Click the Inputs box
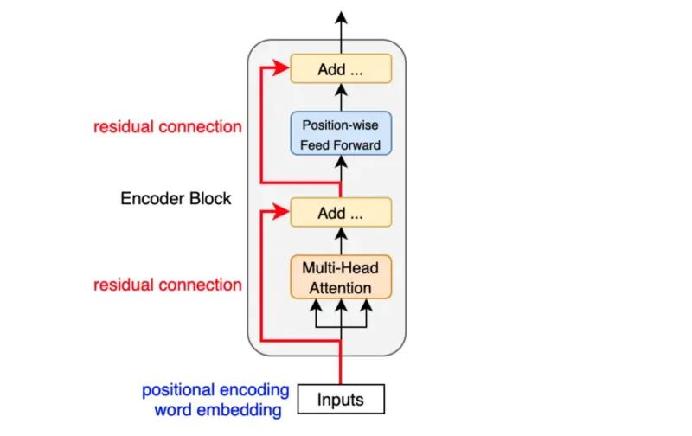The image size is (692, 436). (341, 399)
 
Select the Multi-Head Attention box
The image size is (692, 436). (341, 277)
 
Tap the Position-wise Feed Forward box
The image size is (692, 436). (341, 133)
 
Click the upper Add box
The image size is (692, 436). (341, 68)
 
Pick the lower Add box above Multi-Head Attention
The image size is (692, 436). (341, 212)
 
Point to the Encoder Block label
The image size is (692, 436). (176, 199)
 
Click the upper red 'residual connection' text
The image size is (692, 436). (168, 126)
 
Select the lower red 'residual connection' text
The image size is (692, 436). (168, 285)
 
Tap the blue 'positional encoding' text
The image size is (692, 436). (215, 390)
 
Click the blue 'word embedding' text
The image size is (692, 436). (218, 410)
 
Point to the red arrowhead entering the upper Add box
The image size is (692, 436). (280, 67)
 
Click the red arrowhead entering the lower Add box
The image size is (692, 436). (280, 211)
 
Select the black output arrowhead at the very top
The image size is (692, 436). (341, 17)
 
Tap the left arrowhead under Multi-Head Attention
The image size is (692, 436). (316, 306)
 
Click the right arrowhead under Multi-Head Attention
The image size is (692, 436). (366, 306)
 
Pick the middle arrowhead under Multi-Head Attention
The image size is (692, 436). (341, 306)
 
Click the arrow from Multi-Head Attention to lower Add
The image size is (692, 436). (341, 241)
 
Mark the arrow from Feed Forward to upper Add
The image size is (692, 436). (341, 97)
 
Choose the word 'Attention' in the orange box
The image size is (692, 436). (340, 288)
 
